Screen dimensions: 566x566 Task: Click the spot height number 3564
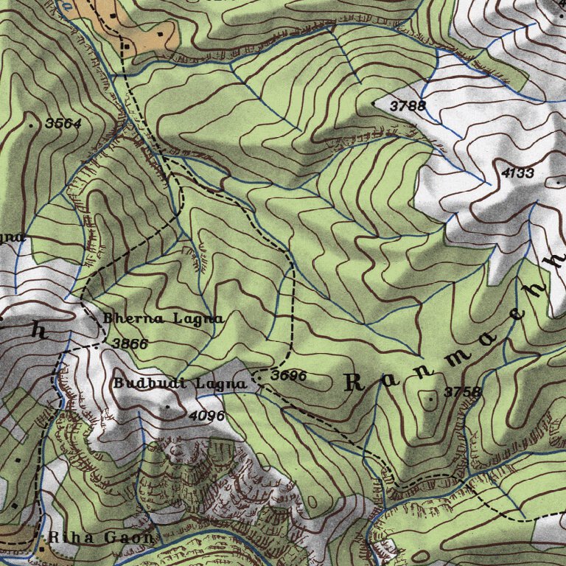point(63,124)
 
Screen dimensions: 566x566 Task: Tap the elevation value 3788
point(408,106)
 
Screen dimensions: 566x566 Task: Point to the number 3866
point(130,343)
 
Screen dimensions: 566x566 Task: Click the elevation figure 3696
point(288,376)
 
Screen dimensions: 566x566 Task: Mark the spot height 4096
point(206,416)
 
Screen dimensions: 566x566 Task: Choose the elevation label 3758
point(463,392)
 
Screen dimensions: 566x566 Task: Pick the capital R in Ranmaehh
point(354,382)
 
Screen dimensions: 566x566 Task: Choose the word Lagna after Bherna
point(198,318)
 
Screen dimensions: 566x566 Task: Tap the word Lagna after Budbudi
point(220,384)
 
